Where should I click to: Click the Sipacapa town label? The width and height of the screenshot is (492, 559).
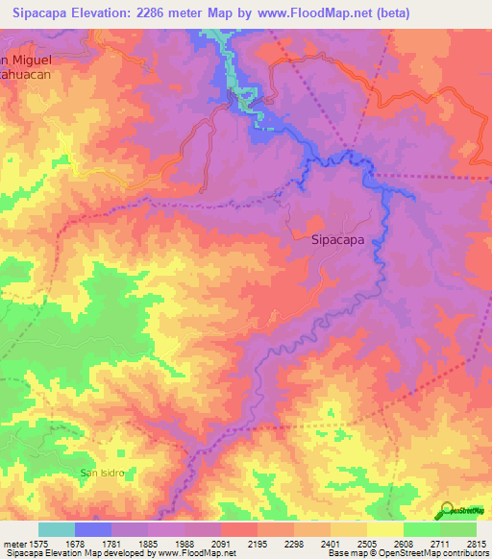338,242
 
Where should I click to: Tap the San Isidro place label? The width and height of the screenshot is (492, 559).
102,473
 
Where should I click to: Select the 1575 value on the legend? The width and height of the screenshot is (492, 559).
37,544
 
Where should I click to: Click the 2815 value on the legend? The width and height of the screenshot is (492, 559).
476,544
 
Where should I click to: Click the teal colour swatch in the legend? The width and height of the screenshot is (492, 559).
56,529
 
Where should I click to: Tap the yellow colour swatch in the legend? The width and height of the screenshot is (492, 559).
384,529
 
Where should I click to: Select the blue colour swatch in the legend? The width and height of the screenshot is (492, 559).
92,529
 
